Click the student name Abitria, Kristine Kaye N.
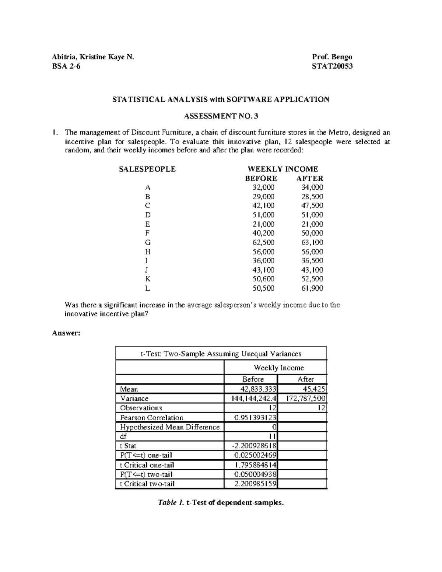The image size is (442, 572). (93, 57)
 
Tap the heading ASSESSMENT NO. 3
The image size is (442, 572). (221, 116)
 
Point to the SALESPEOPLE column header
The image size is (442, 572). (147, 169)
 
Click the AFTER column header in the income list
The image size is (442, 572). (310, 178)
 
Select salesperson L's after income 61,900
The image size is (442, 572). (312, 288)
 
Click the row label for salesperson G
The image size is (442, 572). (148, 242)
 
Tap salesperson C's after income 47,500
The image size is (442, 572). (312, 206)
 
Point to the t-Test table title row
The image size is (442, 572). (221, 354)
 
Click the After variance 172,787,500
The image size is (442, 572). (306, 399)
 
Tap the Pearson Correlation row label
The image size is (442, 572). (151, 418)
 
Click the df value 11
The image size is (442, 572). (273, 436)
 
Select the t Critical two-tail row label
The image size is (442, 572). (147, 484)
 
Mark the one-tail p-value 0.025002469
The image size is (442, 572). (255, 455)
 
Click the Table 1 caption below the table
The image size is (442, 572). (221, 503)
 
